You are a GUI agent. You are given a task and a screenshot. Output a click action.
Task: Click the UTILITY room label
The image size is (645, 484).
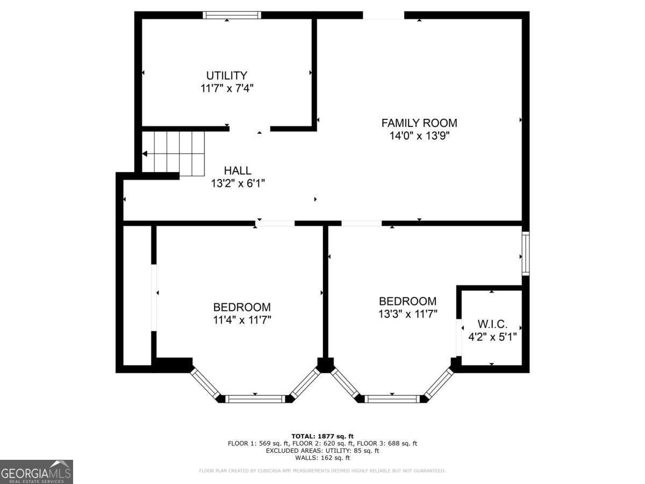pyautogui.click(x=227, y=75)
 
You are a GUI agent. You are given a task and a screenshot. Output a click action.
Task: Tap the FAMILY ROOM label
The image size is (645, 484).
pyautogui.click(x=419, y=123)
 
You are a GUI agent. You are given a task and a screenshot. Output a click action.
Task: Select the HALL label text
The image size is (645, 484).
pyautogui.click(x=238, y=170)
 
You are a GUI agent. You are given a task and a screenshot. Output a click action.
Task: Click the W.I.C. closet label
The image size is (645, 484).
pyautogui.click(x=492, y=324)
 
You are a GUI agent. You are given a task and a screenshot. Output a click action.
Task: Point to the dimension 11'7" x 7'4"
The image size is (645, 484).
pyautogui.click(x=227, y=88)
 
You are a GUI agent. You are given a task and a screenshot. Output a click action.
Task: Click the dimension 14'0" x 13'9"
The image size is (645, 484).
pyautogui.click(x=419, y=136)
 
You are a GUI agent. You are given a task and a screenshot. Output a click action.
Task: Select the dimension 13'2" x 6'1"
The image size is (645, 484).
pyautogui.click(x=238, y=183)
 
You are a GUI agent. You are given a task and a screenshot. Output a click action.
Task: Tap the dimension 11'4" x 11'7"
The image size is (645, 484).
pyautogui.click(x=242, y=321)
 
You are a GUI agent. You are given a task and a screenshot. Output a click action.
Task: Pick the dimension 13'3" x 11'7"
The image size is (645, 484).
pyautogui.click(x=407, y=314)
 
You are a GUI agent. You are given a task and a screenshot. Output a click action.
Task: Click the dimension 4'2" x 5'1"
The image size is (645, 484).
pyautogui.click(x=492, y=337)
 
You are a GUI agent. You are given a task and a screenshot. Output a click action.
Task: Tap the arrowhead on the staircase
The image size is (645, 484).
pyautogui.click(x=145, y=154)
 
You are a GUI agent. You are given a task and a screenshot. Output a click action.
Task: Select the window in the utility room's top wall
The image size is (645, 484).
pyautogui.click(x=232, y=15)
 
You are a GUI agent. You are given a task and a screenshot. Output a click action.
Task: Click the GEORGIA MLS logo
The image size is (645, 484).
pyautogui.click(x=36, y=472)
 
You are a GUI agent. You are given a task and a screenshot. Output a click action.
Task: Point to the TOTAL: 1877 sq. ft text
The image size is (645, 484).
pyautogui.click(x=322, y=436)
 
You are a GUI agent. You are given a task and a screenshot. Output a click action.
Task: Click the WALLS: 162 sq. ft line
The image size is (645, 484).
pyautogui.click(x=322, y=458)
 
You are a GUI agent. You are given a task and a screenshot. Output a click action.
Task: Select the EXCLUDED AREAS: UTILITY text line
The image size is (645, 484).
pyautogui.click(x=322, y=451)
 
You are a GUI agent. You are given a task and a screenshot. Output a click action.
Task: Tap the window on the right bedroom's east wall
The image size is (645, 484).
pyautogui.click(x=525, y=254)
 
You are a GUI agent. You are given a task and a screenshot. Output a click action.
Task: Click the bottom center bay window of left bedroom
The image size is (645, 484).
pyautogui.click(x=255, y=398)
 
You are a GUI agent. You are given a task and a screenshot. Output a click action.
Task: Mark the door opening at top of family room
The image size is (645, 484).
pyautogui.click(x=383, y=15)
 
